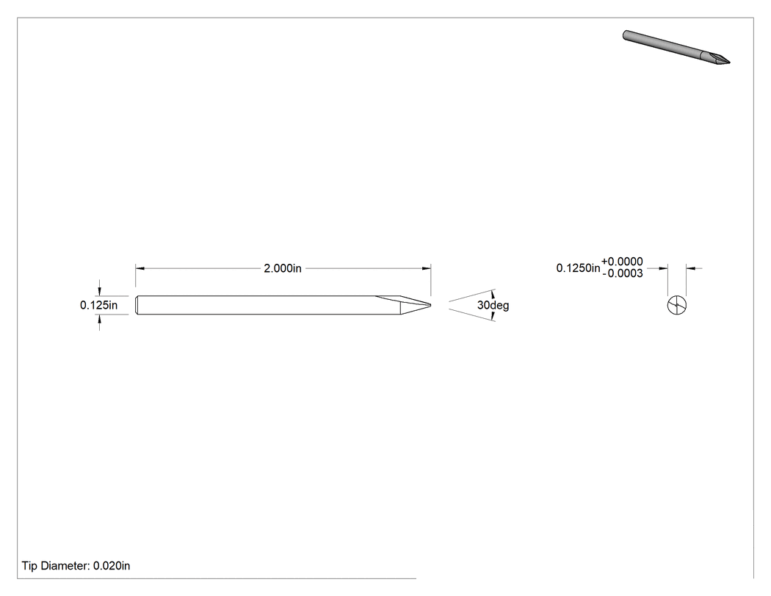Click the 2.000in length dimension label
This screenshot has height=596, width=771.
tap(283, 268)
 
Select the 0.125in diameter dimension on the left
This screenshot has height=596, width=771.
tap(99, 305)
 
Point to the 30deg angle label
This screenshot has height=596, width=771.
tap(493, 305)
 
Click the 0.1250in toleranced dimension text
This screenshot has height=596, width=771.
tap(579, 268)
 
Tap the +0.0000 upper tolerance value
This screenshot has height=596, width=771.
tap(622, 262)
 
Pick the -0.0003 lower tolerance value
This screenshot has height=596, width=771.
tap(623, 273)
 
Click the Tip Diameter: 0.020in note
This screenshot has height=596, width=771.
tap(76, 566)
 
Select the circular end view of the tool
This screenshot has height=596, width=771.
tap(677, 305)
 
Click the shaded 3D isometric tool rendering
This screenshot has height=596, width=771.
tap(676, 47)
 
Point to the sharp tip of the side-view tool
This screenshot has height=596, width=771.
tap(431, 305)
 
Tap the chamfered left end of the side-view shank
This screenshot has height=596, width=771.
tap(137, 305)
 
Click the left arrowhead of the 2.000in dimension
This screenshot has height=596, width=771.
tap(140, 268)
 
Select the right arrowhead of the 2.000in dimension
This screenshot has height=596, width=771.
tap(427, 268)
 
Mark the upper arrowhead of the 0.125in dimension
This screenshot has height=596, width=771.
tap(99, 291)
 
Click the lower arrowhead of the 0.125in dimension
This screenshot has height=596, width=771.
tap(99, 319)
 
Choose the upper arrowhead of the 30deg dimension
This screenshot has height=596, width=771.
tap(493, 293)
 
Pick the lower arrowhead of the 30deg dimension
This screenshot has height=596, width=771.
tap(493, 317)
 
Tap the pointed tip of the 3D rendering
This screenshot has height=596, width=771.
tap(729, 62)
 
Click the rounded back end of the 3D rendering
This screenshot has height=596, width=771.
tap(625, 35)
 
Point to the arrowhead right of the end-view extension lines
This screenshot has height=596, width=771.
tap(691, 268)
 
